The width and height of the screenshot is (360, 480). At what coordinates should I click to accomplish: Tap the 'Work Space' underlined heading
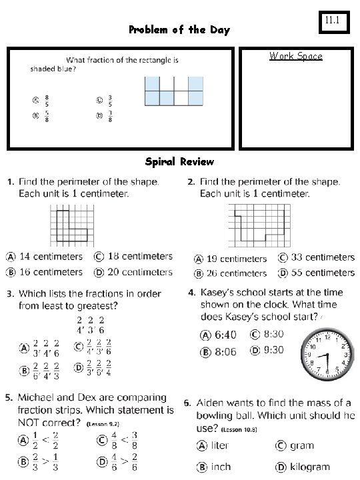[295, 56]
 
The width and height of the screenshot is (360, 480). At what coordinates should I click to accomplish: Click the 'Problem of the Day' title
[179, 30]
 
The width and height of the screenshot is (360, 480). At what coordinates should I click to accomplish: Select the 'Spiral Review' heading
[179, 162]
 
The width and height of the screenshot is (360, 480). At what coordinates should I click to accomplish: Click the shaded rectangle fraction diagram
[174, 91]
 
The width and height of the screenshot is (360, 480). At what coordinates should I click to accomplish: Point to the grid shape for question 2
[259, 227]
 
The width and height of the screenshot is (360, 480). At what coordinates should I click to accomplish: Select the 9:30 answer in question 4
[273, 350]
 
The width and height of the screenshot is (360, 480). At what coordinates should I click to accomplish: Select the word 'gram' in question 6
[302, 445]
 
